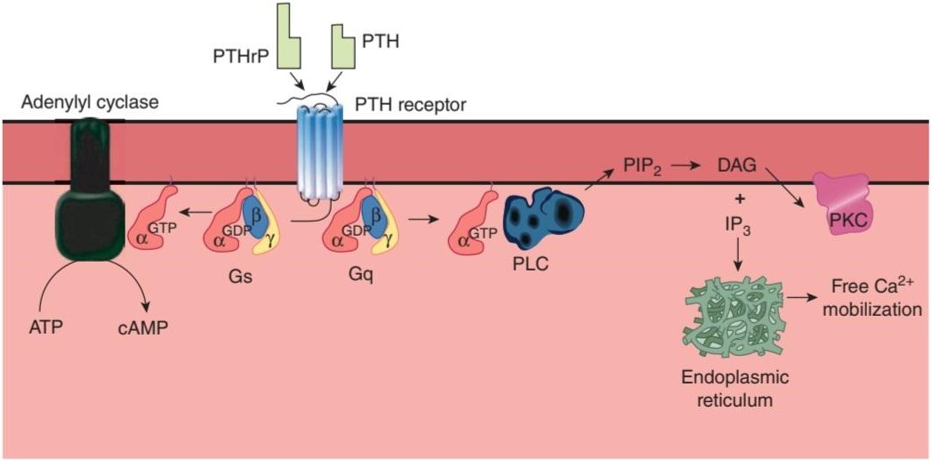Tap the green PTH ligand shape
[343, 46]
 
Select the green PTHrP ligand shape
[288, 36]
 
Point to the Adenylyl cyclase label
[89, 103]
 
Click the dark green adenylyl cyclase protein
[91, 190]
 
